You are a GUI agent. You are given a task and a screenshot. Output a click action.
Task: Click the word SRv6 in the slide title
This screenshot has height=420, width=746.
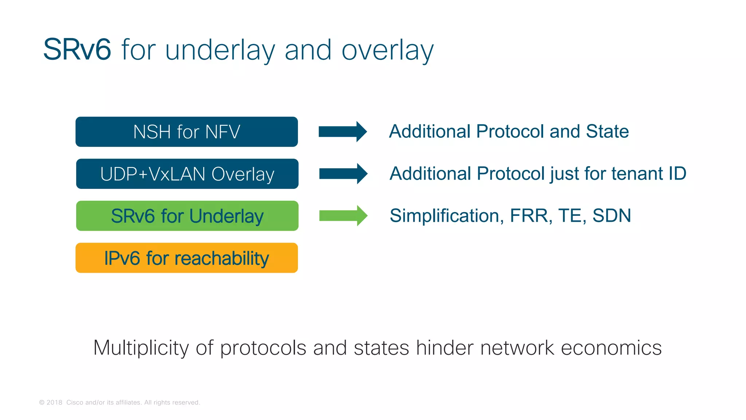(77, 50)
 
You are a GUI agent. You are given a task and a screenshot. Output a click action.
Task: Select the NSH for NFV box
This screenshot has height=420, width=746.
(186, 132)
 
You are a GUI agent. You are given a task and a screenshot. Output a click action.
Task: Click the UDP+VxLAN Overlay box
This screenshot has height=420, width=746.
(187, 174)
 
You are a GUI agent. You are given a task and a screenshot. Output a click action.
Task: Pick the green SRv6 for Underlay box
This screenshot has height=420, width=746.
(187, 216)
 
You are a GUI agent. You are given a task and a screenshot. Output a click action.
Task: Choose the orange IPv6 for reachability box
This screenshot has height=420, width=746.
(186, 258)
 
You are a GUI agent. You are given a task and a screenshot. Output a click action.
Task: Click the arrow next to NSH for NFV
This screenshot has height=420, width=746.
(342, 132)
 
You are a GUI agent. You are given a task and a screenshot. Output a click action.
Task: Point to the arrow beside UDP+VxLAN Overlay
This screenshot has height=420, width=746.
(343, 174)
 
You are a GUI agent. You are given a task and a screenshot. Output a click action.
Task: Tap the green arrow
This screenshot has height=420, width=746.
(343, 216)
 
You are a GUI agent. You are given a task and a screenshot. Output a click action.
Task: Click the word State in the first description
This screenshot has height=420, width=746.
(607, 131)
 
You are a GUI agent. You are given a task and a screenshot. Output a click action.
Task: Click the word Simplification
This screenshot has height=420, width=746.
(447, 215)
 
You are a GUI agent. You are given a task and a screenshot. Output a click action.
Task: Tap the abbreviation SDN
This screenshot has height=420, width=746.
(612, 215)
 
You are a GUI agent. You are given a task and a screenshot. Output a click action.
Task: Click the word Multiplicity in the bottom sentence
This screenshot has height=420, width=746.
(141, 348)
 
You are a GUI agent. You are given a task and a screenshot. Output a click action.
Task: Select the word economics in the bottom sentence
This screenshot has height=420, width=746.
(611, 348)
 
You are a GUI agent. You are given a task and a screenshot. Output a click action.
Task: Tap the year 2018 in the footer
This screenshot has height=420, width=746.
(54, 402)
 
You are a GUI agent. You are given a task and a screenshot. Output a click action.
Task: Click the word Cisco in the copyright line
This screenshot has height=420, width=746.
(75, 402)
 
